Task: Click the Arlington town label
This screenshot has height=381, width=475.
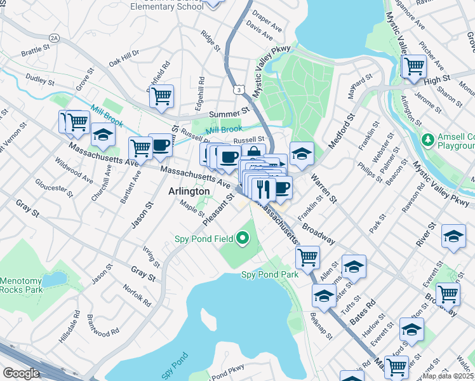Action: [189, 191]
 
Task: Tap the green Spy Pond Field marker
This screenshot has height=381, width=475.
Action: [242, 239]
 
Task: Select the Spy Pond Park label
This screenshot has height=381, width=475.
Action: [269, 275]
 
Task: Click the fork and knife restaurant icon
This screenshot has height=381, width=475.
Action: [263, 188]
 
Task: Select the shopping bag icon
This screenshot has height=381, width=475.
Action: [253, 153]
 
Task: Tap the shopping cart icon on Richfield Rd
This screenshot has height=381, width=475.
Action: [162, 96]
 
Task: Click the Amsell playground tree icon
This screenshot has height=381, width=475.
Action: [429, 138]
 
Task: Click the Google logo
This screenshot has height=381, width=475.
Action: [21, 373]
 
